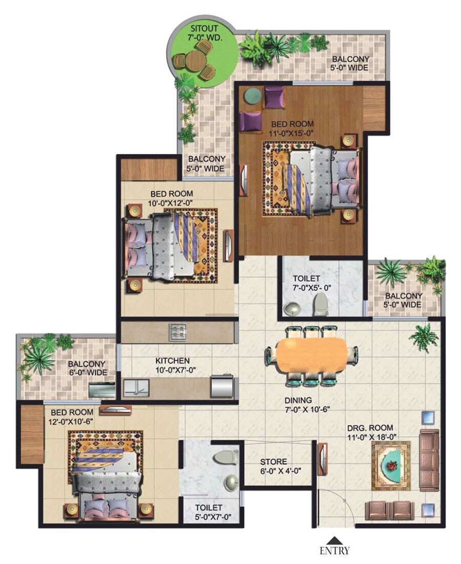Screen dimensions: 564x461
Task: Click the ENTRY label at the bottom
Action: pos(335,551)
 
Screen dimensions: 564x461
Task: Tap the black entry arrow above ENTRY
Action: pos(335,540)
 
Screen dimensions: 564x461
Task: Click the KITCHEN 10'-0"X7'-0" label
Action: pos(173,365)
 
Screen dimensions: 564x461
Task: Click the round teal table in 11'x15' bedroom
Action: pos(252,96)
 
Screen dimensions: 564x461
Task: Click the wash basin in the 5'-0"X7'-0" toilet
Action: pos(232,482)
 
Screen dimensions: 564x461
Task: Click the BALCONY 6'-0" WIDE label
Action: pos(87,368)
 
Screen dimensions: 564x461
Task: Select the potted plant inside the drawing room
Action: pos(424,338)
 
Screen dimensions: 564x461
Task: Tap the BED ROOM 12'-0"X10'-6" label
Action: pos(72,416)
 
